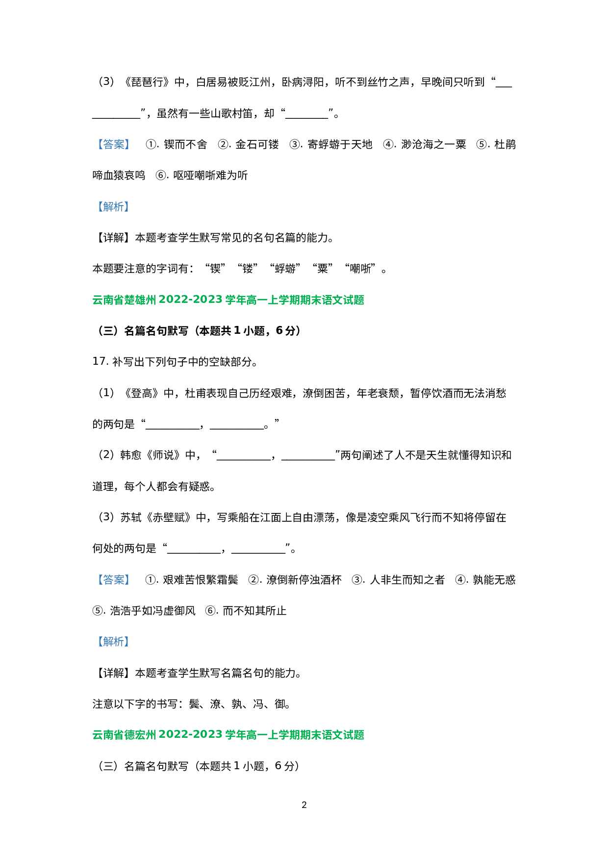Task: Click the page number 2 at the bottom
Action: (304, 805)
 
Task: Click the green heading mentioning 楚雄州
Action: (228, 300)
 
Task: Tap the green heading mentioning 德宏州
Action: (228, 735)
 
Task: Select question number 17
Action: (100, 362)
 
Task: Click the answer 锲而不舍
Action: (185, 144)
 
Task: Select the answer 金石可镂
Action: (257, 144)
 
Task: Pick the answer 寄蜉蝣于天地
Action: (340, 144)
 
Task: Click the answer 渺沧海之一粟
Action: (433, 144)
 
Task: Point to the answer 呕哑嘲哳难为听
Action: (210, 175)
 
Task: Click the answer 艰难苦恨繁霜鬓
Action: (200, 580)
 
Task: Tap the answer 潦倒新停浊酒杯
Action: (304, 580)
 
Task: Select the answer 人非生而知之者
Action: (407, 580)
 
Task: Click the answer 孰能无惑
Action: (494, 580)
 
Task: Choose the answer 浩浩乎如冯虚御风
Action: (152, 611)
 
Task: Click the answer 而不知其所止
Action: (254, 611)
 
